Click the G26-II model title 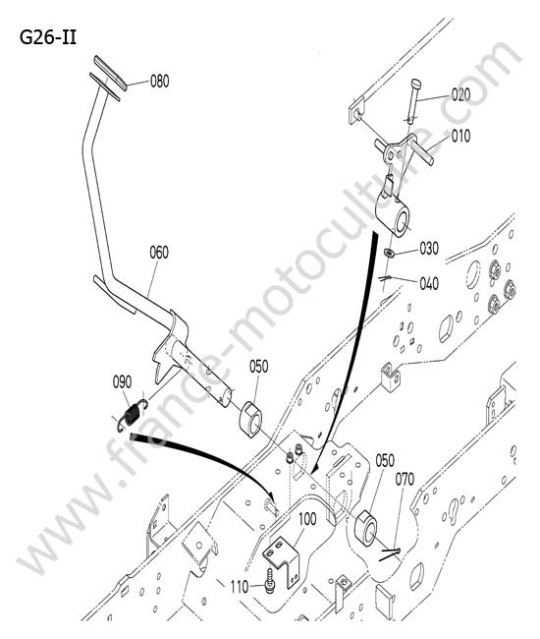point(48,38)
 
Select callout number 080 point(159,81)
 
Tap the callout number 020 point(460,94)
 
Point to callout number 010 point(460,136)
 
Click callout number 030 point(429,248)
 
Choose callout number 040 point(429,283)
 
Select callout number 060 point(159,253)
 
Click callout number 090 point(122,382)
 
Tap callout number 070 point(405,480)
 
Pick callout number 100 point(307,519)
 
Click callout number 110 point(240,587)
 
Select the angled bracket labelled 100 point(282,559)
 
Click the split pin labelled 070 point(390,554)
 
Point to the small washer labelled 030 point(390,253)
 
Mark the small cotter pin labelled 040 point(386,278)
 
